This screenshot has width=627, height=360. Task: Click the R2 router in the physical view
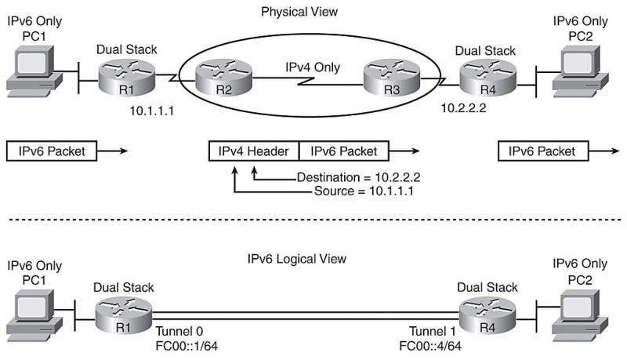pos(223,78)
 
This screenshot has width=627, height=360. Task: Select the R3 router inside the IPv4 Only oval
pos(391,78)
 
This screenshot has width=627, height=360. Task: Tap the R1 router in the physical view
pos(126,78)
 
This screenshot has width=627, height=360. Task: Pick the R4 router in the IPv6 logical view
pos(487,316)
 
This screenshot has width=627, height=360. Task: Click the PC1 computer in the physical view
pos(34,71)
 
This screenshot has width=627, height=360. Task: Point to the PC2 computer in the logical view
pos(580,316)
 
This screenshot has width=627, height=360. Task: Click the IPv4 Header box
pos(253,151)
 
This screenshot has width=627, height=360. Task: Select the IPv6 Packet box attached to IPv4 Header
pos(344,151)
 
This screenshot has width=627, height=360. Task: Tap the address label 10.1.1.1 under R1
pos(152,111)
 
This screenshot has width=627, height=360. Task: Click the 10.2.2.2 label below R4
pos(463,108)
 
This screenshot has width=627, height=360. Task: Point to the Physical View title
pos(299,12)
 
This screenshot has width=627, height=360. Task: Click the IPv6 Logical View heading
pos(297,259)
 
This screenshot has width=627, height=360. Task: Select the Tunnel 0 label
pos(179,331)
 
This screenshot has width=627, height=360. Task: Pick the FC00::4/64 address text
pos(430,346)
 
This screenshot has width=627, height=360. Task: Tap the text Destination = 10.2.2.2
pos(358,177)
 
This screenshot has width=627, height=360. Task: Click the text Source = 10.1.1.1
pos(364,191)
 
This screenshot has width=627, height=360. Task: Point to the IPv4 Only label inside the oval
pos(313,67)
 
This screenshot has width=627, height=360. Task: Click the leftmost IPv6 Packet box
pos(52,151)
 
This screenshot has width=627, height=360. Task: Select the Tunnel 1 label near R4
pos(433,331)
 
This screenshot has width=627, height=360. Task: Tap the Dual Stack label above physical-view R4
pos(485,51)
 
